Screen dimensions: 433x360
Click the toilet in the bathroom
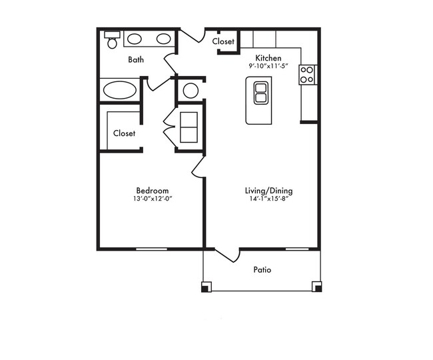[112, 40]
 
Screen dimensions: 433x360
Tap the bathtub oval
[120, 90]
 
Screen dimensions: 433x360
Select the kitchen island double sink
[261, 93]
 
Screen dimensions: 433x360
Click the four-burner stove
[307, 75]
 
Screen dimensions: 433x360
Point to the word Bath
[136, 59]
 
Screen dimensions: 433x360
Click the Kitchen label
[268, 58]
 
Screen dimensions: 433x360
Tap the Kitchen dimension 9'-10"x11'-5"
[268, 66]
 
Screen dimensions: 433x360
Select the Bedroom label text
[153, 191]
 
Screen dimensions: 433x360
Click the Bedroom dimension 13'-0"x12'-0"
[153, 199]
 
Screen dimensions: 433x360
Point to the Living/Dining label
[268, 191]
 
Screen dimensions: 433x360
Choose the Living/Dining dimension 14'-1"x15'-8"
[268, 199]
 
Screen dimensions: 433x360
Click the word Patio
[262, 269]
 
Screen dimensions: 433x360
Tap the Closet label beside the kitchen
[223, 41]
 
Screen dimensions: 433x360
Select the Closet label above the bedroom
[125, 133]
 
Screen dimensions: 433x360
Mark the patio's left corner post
[206, 287]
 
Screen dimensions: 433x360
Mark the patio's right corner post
[317, 287]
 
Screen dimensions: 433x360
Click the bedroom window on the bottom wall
[151, 249]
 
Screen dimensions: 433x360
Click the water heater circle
[191, 91]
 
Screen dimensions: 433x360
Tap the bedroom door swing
[198, 166]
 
